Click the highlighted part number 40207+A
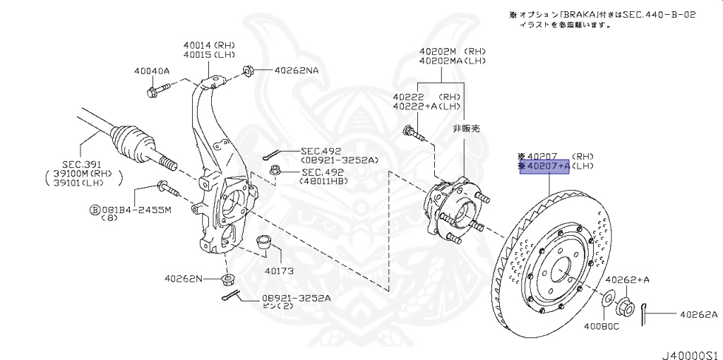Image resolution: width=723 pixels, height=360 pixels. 544,167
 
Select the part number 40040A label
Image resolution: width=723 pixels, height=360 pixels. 152,71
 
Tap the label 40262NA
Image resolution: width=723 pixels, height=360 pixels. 297,70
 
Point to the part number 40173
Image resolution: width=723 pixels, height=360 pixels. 279,270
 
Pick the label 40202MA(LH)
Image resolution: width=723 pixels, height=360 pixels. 453,61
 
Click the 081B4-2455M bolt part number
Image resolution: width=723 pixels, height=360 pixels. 135,210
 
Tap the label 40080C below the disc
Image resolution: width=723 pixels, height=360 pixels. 601,325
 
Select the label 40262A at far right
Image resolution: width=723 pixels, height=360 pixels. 698,315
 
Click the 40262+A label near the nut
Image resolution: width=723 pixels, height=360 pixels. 628,280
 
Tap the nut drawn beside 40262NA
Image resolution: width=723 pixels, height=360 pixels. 249,70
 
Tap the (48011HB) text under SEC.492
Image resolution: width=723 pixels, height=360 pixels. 325,181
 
